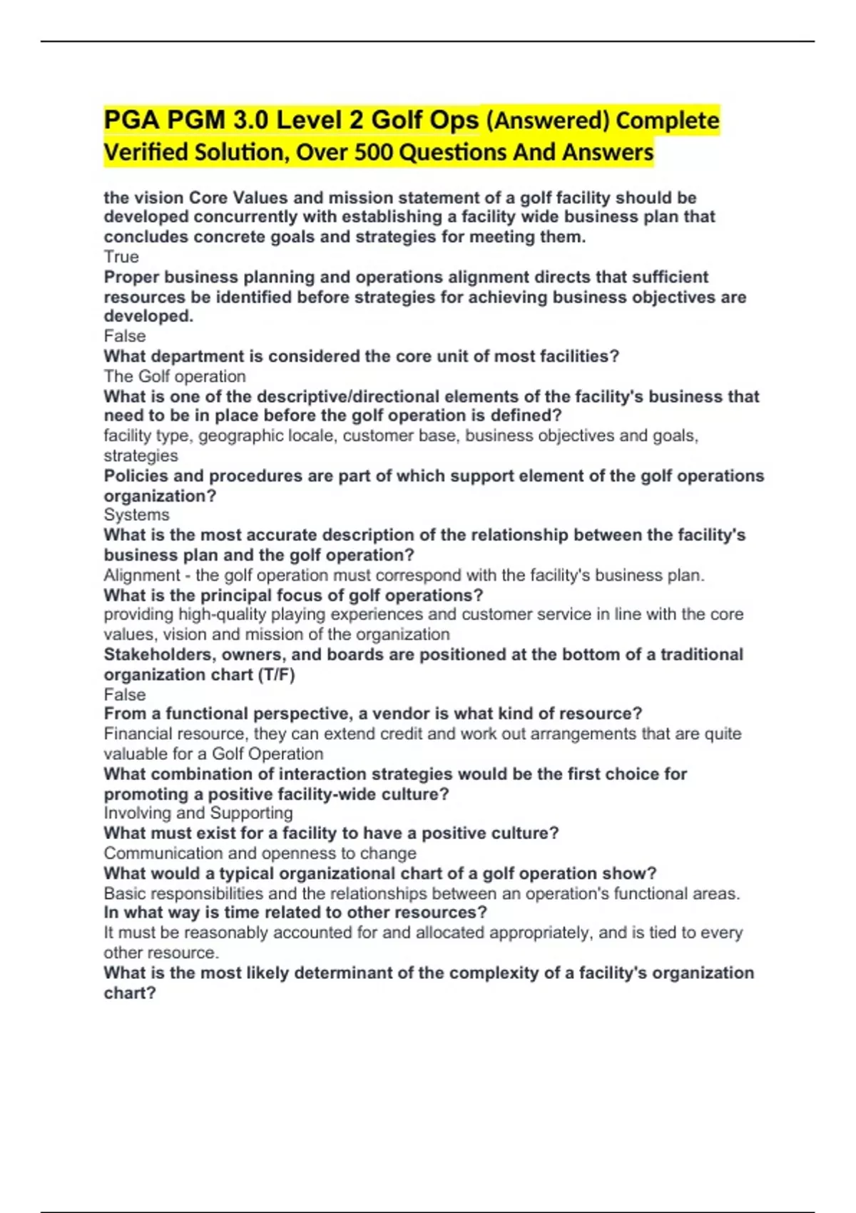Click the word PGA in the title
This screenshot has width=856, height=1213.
point(132,120)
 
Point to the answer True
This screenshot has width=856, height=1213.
point(121,257)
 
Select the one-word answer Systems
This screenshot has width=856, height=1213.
point(136,515)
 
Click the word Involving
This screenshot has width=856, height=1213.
point(137,813)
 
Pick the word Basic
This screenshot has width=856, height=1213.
point(122,893)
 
